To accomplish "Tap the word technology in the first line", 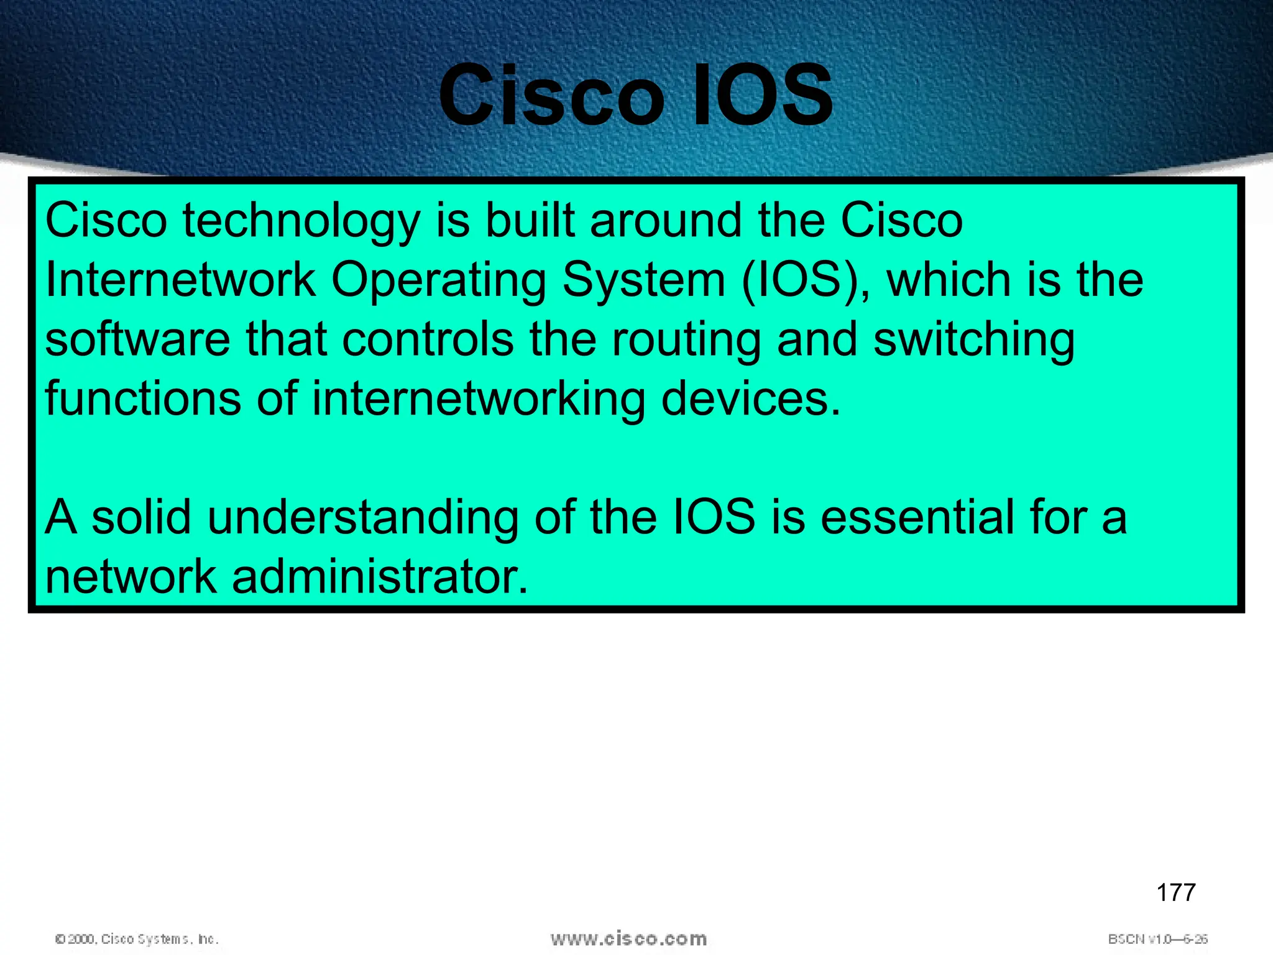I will tap(301, 222).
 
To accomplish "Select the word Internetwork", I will tap(180, 280).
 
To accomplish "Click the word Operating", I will tap(438, 281).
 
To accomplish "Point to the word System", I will tap(643, 281).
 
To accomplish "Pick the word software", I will tap(137, 339).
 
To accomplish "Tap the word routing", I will tap(686, 341).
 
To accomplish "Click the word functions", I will tap(143, 399).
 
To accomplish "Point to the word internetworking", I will tap(478, 400).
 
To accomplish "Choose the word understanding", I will tap(362, 518).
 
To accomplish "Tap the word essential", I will tap(917, 517).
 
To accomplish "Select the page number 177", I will tap(1175, 893).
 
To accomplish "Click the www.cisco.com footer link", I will tap(628, 938).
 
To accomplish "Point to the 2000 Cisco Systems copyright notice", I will tap(137, 939).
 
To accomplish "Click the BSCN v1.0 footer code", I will tap(1157, 939).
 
